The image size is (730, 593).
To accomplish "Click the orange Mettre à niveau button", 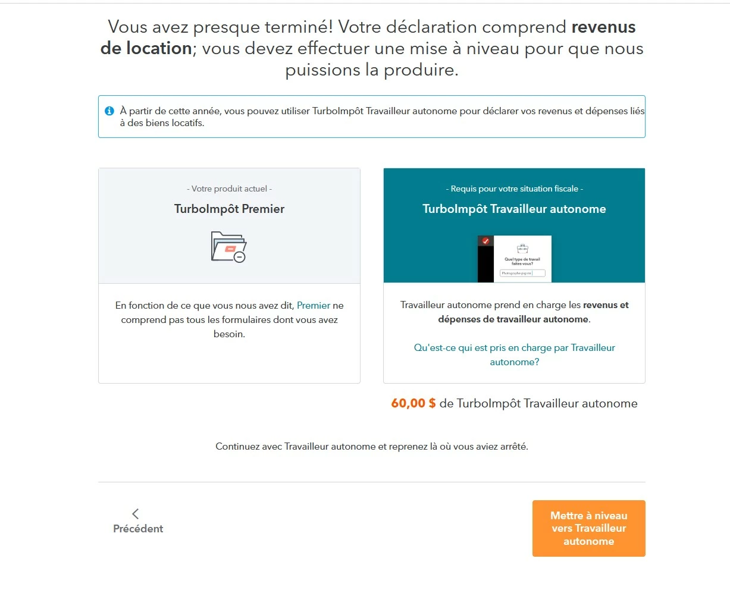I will tap(588, 528).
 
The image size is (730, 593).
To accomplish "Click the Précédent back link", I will tap(138, 529).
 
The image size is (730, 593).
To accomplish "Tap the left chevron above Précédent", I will tap(136, 513).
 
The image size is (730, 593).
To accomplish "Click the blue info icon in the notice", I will tap(109, 111).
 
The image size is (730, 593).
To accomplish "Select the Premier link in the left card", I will tap(314, 306).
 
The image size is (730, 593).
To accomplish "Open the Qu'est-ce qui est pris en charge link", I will tap(514, 354).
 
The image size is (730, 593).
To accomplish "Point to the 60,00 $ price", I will tap(413, 403).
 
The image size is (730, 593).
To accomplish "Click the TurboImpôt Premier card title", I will tap(229, 209).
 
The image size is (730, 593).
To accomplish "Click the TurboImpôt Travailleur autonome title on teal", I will tap(514, 209).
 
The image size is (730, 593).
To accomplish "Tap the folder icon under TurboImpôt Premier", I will tap(228, 247).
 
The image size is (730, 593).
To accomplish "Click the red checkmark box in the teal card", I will tap(485, 241).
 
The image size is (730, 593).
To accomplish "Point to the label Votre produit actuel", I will tap(229, 189).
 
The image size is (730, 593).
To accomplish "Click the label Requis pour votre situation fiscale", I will tap(514, 189).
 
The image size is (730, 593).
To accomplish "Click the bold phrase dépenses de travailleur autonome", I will tap(513, 319).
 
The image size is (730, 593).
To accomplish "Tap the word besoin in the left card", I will tap(229, 334).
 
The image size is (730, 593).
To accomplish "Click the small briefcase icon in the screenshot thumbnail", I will tap(522, 248).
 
